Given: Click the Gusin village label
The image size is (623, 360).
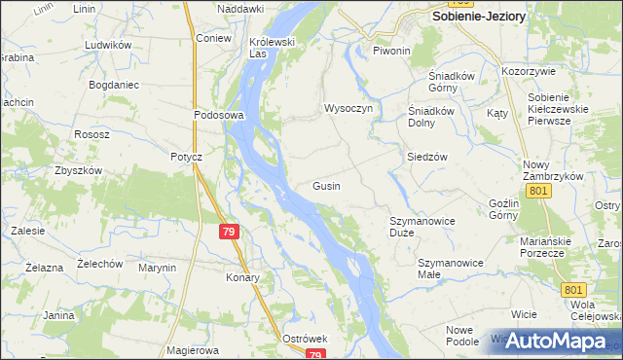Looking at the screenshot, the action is coord(326,186).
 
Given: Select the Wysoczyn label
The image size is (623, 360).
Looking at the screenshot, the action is coord(348,108).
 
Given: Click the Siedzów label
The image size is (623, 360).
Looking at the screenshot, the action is coord(426,157).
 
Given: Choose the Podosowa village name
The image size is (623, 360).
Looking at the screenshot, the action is coord(217,114).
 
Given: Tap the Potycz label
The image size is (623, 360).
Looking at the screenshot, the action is coord(185,157).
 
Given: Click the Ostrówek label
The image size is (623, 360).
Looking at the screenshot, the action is coord(304,338).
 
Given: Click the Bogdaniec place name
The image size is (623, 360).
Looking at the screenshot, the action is coord(116,86).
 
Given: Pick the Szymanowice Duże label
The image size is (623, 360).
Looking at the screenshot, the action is coord(422,227).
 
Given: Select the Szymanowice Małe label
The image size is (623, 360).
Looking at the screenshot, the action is coord(451,269).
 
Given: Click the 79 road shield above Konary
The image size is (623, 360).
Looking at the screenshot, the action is coord(229,232).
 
